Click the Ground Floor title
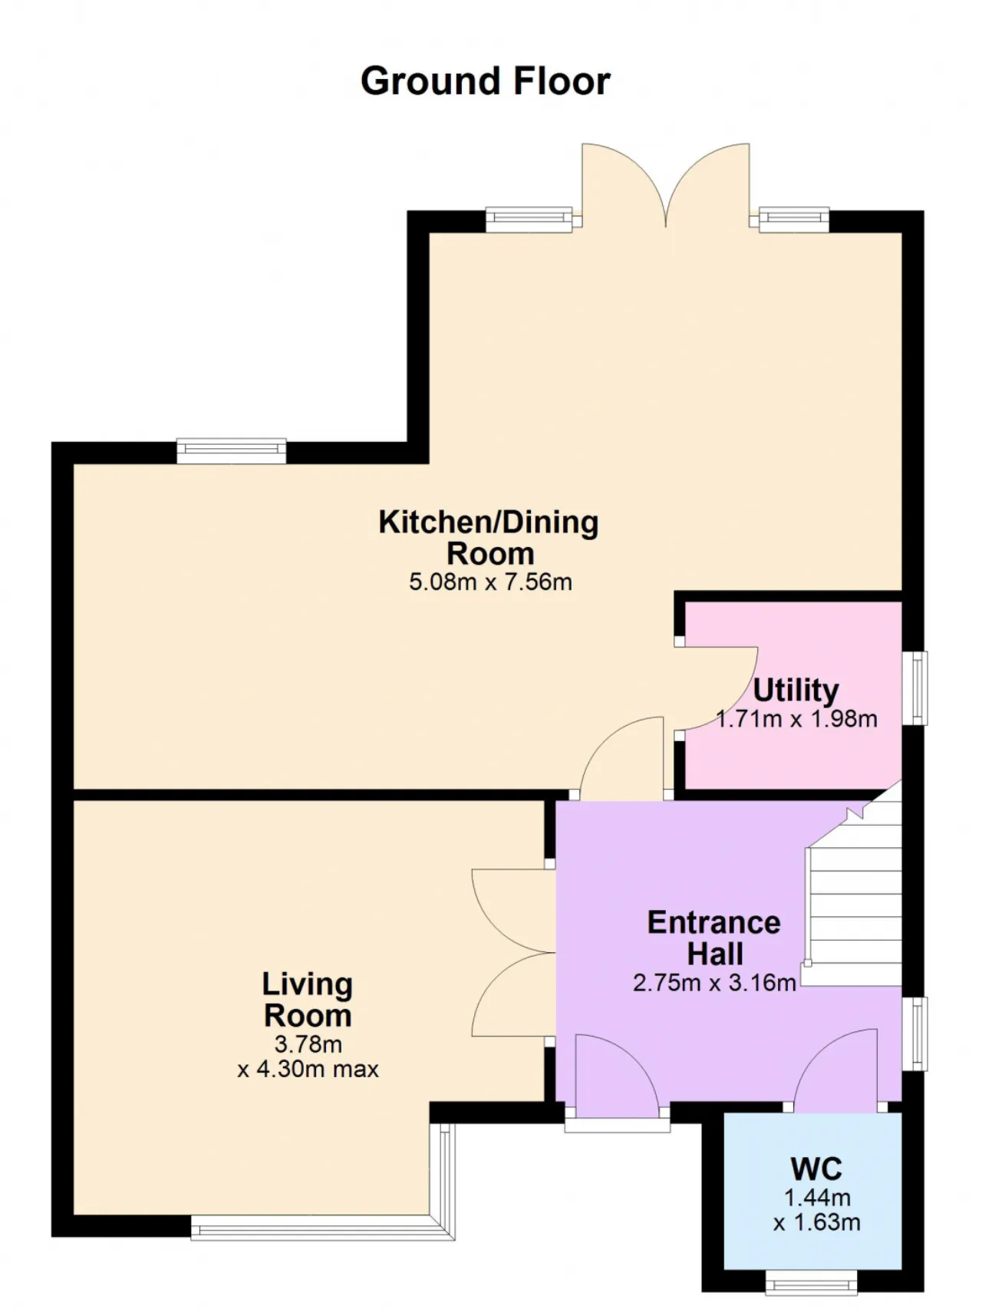click(x=485, y=81)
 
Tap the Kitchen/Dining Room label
click(x=489, y=537)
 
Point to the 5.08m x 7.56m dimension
click(x=490, y=582)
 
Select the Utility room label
click(x=796, y=691)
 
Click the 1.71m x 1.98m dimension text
click(x=796, y=719)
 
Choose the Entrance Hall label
click(x=714, y=938)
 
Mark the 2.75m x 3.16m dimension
click(x=714, y=983)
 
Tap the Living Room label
click(x=308, y=1000)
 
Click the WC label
click(x=816, y=1169)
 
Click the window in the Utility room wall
click(x=914, y=688)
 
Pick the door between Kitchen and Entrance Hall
click(x=621, y=758)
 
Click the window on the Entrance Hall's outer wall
click(x=914, y=1033)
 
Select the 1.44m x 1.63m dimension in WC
click(x=816, y=1210)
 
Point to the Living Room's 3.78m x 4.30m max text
click(x=308, y=1057)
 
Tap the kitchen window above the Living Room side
click(x=231, y=451)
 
